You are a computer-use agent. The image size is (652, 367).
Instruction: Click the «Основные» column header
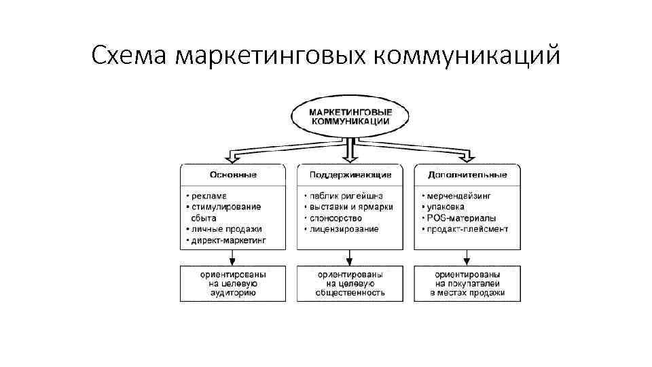(232, 175)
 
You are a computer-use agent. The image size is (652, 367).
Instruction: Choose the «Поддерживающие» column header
(350, 175)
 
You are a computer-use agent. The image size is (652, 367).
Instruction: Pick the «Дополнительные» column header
(467, 175)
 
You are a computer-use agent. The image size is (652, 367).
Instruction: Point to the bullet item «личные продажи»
(225, 229)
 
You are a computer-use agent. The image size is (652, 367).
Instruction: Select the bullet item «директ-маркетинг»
(228, 240)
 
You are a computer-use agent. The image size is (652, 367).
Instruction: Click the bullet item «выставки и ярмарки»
(350, 207)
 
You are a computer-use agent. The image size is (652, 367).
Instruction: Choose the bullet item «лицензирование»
(344, 229)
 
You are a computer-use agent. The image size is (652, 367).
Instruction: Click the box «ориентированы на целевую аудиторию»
(232, 283)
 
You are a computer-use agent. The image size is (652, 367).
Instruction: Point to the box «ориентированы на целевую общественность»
(350, 283)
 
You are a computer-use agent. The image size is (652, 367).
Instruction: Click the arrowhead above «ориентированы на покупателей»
(467, 260)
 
